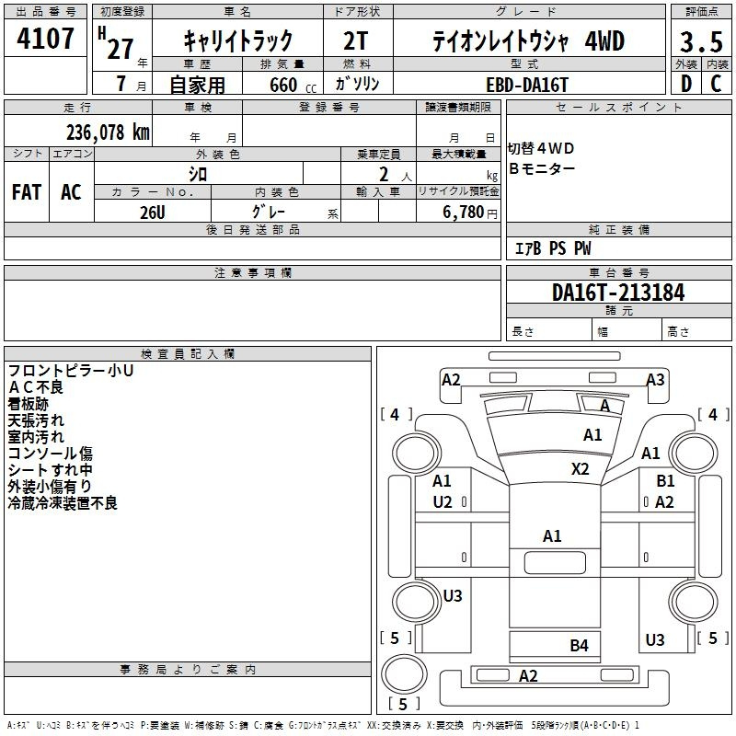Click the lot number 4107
[x=46, y=39]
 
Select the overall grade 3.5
[x=700, y=42]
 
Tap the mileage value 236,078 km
[x=108, y=132]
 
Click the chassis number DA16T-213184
[x=618, y=293]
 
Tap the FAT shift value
[x=27, y=191]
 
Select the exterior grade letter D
[x=685, y=84]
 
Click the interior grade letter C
[x=716, y=84]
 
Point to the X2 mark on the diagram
[x=580, y=468]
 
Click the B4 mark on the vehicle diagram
[x=579, y=645]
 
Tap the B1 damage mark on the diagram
[x=665, y=480]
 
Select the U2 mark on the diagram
[x=443, y=501]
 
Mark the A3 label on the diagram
[x=655, y=379]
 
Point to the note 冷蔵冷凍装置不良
[x=63, y=503]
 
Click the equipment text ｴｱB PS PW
[x=553, y=248]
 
